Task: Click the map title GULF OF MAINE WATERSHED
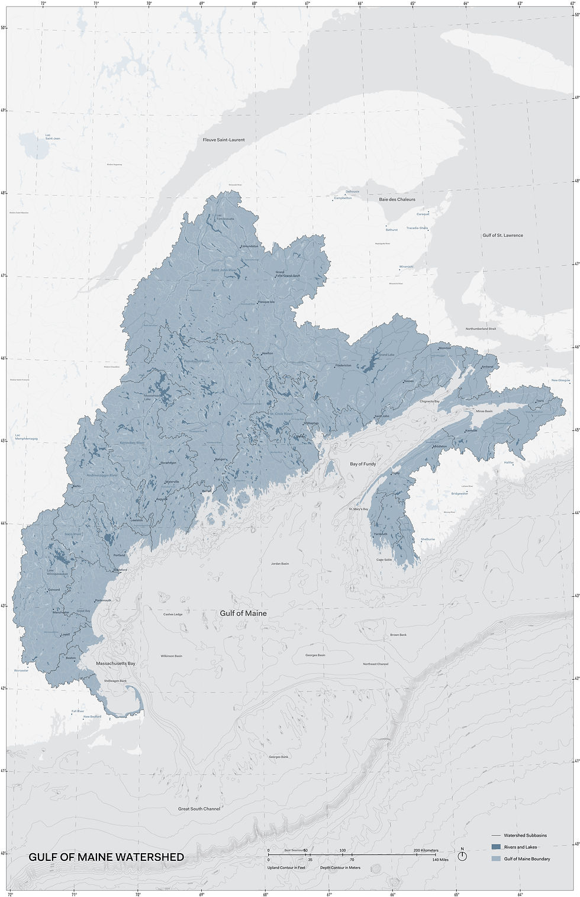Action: [107, 857]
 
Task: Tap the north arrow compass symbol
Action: [462, 856]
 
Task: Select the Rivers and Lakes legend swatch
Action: [496, 847]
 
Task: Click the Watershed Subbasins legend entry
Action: [525, 835]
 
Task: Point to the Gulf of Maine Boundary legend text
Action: [527, 859]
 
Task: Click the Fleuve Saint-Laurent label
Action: [224, 140]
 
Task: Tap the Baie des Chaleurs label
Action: [397, 200]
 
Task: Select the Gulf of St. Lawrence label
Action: [502, 235]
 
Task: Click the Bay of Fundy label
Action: [363, 464]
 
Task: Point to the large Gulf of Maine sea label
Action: [243, 613]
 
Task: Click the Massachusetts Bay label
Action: [115, 664]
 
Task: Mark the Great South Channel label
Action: [199, 809]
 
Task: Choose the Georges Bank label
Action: [279, 757]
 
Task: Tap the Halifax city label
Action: [508, 462]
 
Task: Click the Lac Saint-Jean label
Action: [53, 137]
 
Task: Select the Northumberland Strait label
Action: [481, 329]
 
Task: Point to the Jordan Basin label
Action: [280, 564]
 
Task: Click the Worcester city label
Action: [21, 671]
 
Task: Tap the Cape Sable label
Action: [384, 560]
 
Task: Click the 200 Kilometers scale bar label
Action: [426, 850]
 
